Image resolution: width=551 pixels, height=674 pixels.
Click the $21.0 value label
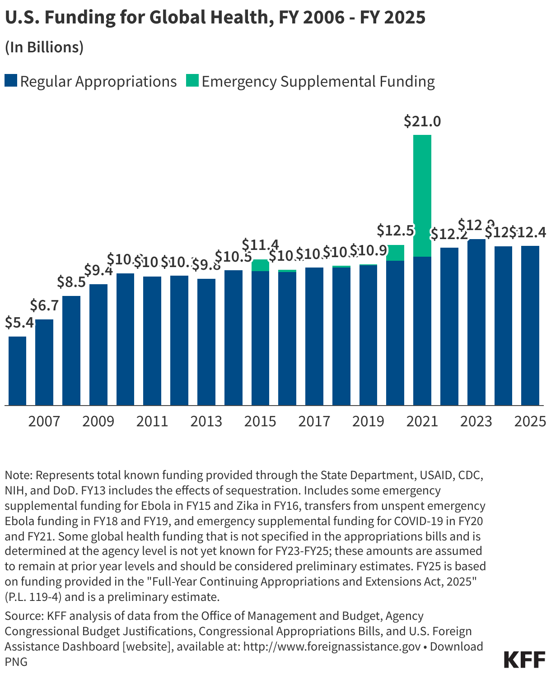coord(422,121)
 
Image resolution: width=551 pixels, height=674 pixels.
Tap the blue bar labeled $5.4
coord(18,371)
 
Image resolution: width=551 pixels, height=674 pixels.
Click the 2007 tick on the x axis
coord(44,421)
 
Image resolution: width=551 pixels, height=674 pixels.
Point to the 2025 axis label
coord(530,421)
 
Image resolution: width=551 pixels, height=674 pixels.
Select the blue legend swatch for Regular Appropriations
coord(11,81)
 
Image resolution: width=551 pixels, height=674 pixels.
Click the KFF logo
coord(524,660)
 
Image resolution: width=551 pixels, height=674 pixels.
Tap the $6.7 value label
coord(44,306)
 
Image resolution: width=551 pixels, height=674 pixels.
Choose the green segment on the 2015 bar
coord(260,265)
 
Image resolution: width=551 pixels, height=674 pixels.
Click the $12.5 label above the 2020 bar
coord(395,231)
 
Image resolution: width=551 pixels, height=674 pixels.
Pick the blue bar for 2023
coord(476,322)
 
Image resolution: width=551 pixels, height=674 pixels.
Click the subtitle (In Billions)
coord(44,47)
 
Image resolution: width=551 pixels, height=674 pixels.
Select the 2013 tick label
coord(206,421)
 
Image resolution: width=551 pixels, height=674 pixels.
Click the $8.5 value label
coord(71,282)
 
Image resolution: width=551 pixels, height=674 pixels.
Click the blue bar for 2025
coord(530,326)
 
